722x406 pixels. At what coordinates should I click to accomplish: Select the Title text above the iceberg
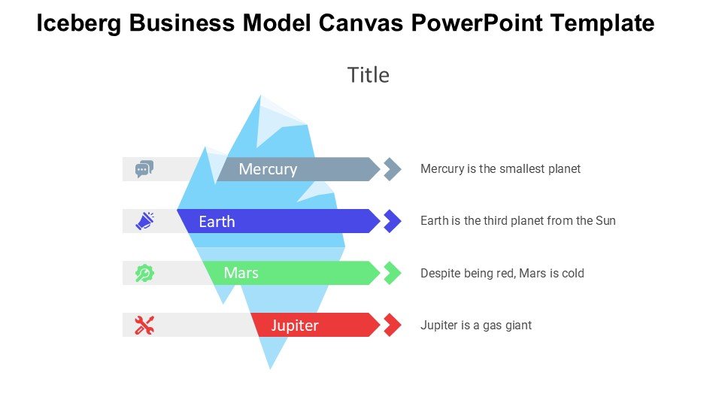[369, 75]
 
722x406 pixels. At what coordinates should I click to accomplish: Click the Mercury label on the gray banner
[268, 169]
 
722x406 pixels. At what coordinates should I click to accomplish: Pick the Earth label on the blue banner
[217, 222]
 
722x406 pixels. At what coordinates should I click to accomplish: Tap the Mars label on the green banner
[241, 273]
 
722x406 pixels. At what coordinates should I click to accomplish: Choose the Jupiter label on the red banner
[295, 326]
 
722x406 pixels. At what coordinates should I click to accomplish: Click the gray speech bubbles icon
[144, 169]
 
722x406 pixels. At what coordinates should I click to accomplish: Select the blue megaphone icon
[144, 221]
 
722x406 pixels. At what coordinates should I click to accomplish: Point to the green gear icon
[144, 273]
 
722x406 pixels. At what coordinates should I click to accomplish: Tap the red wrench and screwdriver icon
[144, 325]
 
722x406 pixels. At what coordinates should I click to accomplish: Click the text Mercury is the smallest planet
[500, 169]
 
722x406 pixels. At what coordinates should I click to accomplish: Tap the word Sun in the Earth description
[605, 221]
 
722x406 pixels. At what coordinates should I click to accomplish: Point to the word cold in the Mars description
[572, 273]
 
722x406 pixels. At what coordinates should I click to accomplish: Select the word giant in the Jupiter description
[517, 326]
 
